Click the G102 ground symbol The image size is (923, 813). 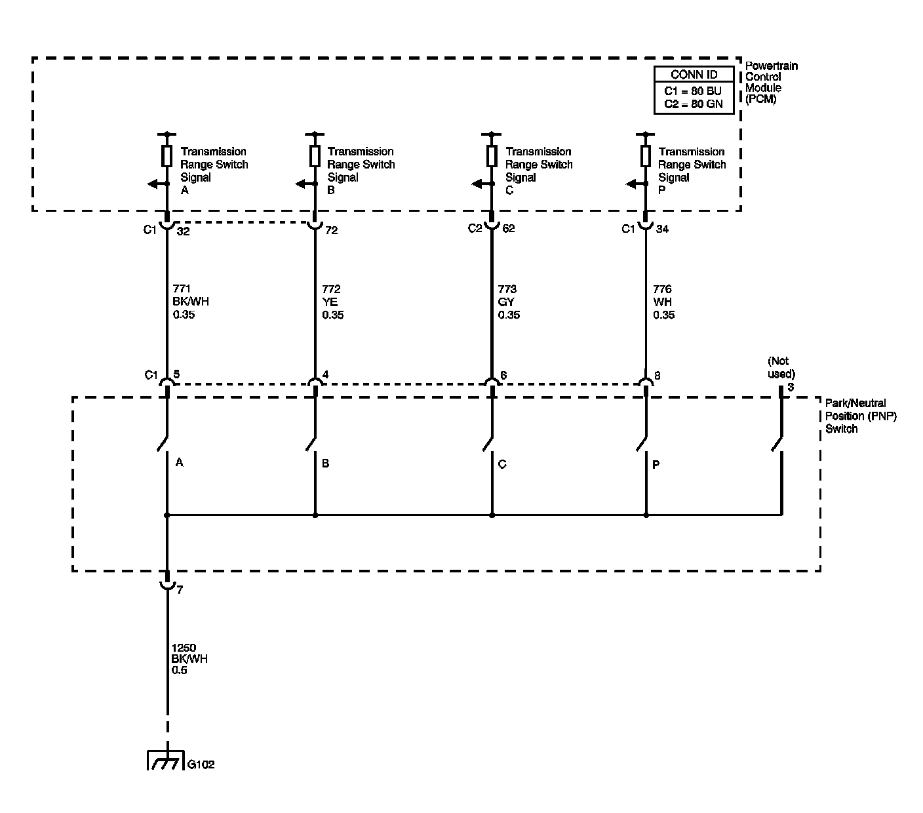164,761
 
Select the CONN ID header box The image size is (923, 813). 694,75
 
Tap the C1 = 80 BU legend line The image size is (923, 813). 694,90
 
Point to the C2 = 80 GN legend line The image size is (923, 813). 694,103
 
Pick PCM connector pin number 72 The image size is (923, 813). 331,231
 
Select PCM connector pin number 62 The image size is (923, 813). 508,229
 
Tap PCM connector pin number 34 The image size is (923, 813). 662,229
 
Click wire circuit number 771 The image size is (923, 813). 182,289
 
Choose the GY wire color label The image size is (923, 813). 506,302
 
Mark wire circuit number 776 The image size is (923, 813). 662,289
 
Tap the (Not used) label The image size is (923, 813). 780,367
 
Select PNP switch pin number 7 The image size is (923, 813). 180,590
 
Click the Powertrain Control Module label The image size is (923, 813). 772,83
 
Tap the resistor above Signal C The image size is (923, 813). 492,156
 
